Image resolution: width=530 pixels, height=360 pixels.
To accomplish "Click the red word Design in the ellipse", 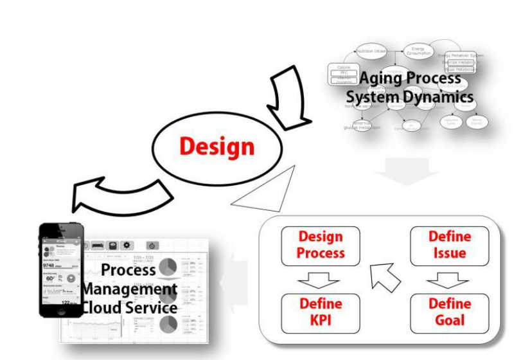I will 216,146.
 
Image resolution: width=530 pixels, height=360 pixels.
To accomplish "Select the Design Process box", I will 321,246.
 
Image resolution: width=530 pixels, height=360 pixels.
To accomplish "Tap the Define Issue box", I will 449,246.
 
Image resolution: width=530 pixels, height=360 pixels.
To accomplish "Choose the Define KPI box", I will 321,312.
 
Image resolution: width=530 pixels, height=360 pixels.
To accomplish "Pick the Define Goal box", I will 449,312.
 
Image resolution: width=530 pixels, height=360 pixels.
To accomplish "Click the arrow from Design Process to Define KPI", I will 320,280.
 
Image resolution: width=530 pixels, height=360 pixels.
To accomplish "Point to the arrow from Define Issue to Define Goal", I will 448,280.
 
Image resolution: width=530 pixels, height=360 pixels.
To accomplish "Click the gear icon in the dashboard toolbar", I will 127,246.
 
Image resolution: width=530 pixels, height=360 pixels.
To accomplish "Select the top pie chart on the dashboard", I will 168,267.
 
